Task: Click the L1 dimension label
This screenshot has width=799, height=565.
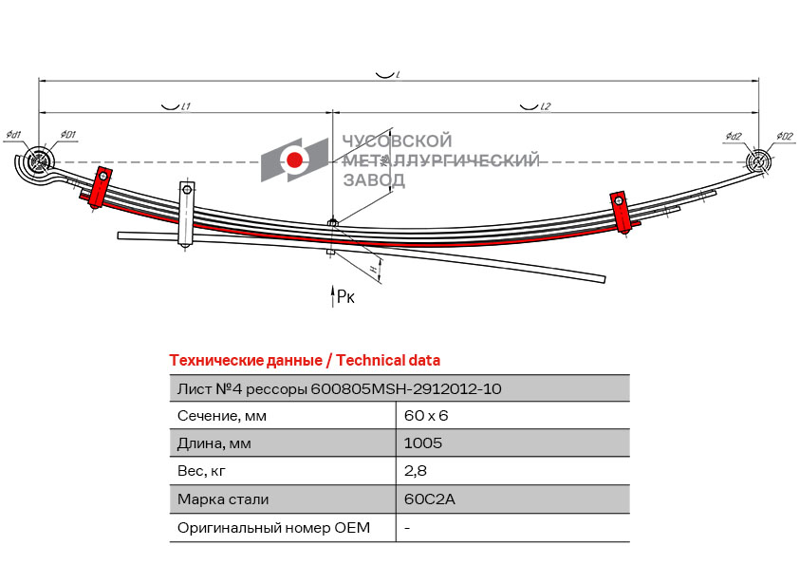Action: [186, 106]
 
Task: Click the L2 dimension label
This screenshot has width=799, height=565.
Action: [546, 106]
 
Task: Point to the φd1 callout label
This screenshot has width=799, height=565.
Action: [13, 135]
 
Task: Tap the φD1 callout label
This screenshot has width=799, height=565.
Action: [67, 135]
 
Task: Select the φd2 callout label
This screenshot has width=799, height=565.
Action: [734, 136]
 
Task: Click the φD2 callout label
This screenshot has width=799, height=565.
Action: [785, 136]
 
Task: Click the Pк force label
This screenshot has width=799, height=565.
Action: [346, 297]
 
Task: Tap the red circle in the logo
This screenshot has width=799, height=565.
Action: [294, 160]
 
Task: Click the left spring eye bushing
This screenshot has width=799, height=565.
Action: [39, 162]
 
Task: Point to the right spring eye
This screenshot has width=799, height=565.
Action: [758, 162]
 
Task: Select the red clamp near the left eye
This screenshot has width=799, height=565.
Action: [100, 187]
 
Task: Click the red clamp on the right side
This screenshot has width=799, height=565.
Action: [621, 212]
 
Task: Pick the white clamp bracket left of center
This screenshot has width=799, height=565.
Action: [187, 214]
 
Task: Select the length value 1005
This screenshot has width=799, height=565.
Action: [423, 443]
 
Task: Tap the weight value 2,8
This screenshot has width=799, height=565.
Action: [416, 471]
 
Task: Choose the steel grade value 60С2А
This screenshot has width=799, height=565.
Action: [430, 499]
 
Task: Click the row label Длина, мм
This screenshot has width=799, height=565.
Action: [214, 443]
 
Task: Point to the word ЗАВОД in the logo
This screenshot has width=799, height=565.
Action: [374, 179]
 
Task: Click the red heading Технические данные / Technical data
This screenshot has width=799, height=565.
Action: [305, 361]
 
